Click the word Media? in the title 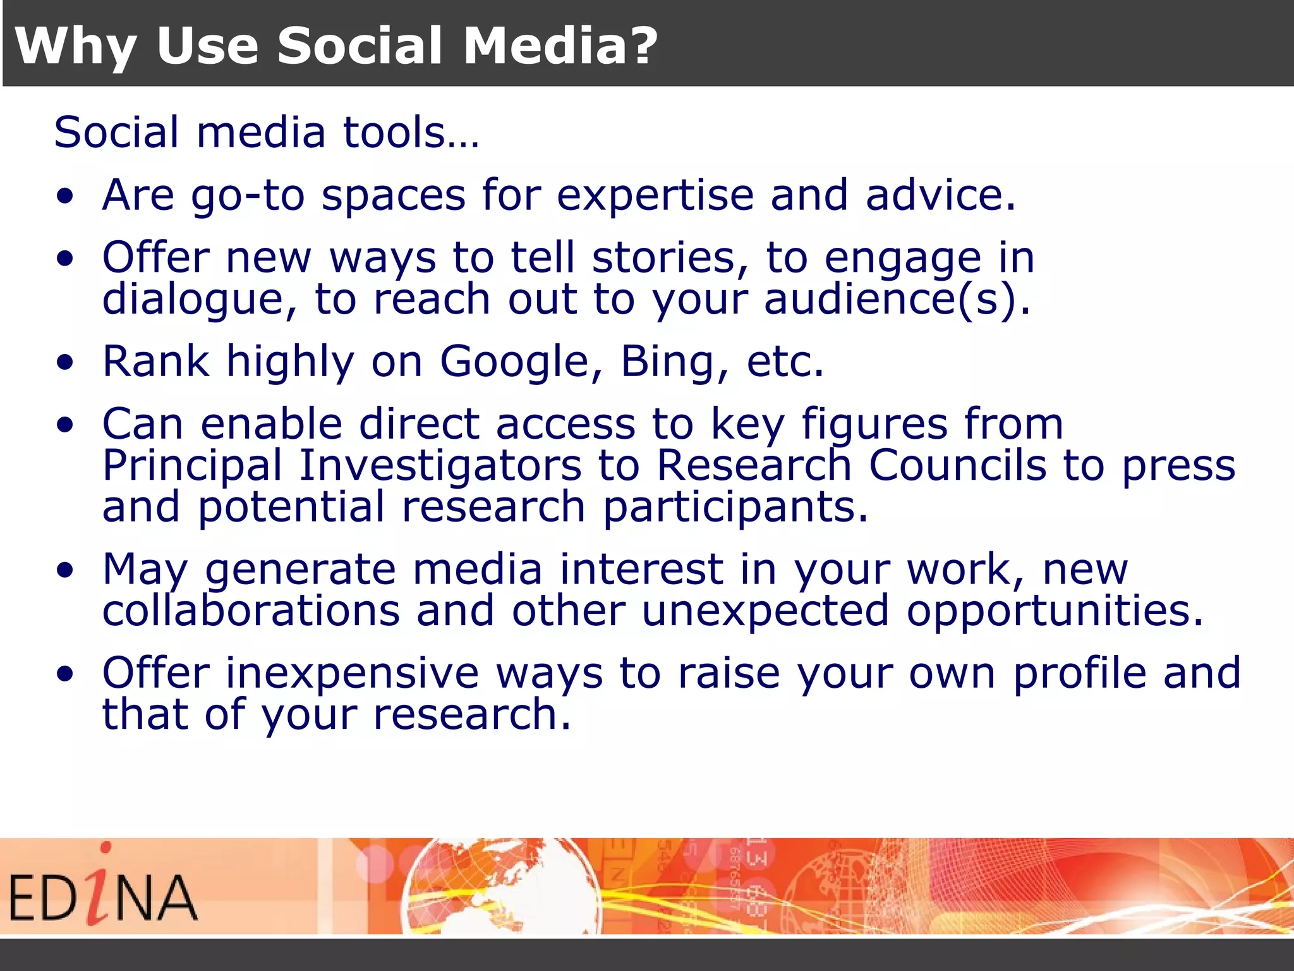click(x=560, y=46)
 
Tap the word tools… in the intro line click(x=411, y=132)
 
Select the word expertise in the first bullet click(x=655, y=196)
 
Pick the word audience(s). click(x=897, y=299)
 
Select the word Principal click(x=192, y=467)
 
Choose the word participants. click(x=735, y=508)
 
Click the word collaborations click(x=251, y=611)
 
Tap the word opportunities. click(x=1055, y=612)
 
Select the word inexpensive click(x=352, y=674)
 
